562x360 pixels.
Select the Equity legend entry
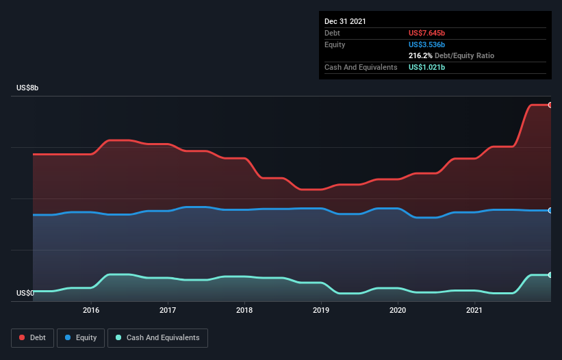[x=81, y=337]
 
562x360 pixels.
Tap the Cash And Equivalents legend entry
[x=157, y=337]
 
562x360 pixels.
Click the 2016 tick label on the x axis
[x=91, y=310]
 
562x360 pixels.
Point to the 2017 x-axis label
[x=168, y=310]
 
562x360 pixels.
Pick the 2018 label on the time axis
[x=244, y=310]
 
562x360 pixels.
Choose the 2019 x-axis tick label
[x=321, y=310]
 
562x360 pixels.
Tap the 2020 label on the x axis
[x=398, y=310]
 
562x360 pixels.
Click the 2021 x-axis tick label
[x=474, y=310]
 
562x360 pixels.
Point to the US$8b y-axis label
[x=28, y=88]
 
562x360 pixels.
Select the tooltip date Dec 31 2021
[x=345, y=21]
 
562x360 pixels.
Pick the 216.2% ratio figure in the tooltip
[x=420, y=55]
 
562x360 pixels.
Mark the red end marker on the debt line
[x=550, y=105]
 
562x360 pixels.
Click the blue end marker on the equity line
[x=550, y=210]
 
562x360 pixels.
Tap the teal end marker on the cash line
[x=550, y=274]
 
